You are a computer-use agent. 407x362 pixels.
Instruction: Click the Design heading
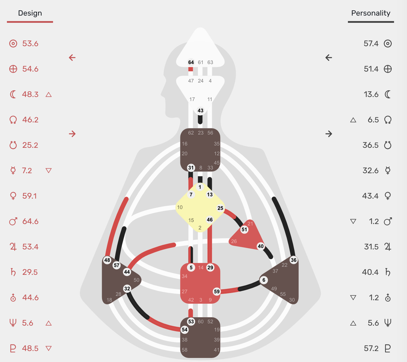coord(30,13)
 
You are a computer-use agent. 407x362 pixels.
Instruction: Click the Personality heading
coord(371,13)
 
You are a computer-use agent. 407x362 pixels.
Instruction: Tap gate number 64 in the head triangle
coord(191,62)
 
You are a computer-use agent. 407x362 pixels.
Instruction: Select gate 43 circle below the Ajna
coord(200,111)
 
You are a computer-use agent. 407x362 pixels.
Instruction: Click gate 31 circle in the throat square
coord(191,168)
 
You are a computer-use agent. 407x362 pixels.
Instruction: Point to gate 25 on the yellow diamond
coord(220,208)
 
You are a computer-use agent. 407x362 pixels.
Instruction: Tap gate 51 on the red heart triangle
coord(244,229)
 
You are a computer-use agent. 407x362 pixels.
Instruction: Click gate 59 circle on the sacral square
coord(216,291)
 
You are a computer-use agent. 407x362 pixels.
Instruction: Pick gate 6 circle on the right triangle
coord(264,280)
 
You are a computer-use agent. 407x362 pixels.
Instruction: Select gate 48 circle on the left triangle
coord(107,260)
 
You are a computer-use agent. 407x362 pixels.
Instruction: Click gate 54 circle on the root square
coord(184,330)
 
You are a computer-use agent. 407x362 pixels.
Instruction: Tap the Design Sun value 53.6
coord(30,44)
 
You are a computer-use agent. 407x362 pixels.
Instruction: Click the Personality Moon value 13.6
coord(371,94)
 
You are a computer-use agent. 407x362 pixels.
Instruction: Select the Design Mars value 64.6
coord(30,221)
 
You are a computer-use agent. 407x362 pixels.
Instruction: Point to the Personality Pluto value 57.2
coord(371,348)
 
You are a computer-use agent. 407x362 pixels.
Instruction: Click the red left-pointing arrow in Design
coord(72,57)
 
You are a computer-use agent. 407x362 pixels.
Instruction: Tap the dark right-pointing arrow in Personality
coord(329,134)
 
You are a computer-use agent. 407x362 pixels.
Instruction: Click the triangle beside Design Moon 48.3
coord(49,94)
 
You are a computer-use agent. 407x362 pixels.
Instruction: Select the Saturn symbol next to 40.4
coord(388,272)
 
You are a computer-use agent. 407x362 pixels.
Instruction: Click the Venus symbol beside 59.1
coord(13,196)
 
